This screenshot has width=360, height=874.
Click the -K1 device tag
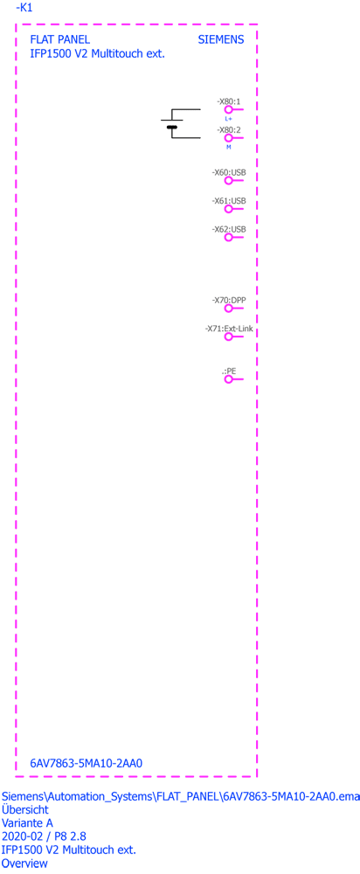(24, 9)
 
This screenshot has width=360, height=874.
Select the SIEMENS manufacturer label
(221, 40)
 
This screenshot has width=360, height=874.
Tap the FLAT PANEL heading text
(59, 40)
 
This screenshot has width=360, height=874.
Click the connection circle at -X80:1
(228, 110)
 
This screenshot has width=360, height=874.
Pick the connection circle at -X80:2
(228, 137)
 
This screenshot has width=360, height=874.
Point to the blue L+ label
(228, 119)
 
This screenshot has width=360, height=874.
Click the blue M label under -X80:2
(228, 147)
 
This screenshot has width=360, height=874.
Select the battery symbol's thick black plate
(171, 128)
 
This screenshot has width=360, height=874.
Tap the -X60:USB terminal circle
(228, 181)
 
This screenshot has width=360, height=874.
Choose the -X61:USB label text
(229, 201)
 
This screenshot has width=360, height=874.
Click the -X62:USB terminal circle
(228, 238)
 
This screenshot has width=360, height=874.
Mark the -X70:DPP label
(229, 300)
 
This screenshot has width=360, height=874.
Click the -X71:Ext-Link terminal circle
(228, 336)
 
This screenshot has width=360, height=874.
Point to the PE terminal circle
(228, 379)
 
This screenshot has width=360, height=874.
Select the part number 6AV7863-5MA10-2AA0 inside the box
(87, 763)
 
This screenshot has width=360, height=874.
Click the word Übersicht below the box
(25, 809)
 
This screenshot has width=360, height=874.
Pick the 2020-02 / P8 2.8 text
(44, 836)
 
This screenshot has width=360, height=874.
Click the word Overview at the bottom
(24, 864)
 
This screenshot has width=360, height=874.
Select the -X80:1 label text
(228, 101)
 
